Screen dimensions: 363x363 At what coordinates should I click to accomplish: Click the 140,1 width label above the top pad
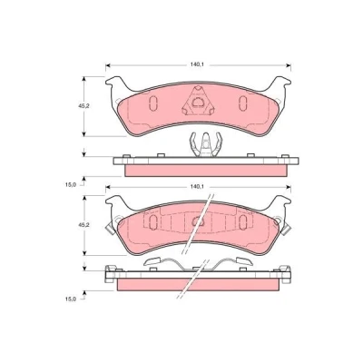click(x=196, y=64)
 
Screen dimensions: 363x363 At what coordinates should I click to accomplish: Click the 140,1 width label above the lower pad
click(x=196, y=187)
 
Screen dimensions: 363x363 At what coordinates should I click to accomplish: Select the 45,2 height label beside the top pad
click(x=79, y=106)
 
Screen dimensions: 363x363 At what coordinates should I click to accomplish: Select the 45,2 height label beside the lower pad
click(x=79, y=225)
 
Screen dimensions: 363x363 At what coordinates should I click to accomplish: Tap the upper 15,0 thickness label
click(x=70, y=185)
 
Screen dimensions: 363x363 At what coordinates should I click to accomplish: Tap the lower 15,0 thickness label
click(x=70, y=299)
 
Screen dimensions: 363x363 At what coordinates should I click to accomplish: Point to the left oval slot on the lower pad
click(x=153, y=222)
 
